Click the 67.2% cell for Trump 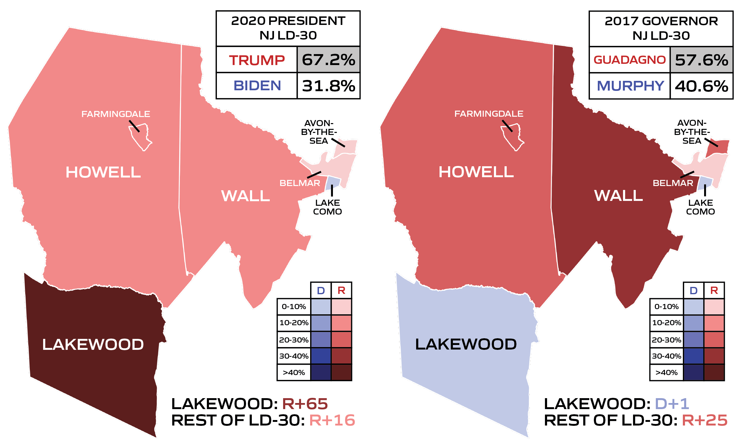328,60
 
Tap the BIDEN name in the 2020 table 257,85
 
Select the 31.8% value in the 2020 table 328,86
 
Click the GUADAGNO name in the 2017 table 629,60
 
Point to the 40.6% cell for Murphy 701,86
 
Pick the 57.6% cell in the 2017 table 701,60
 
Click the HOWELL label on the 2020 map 103,172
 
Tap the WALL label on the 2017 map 618,195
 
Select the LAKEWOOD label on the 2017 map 466,344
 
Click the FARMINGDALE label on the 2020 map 116,114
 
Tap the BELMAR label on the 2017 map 673,183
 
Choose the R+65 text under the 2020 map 305,404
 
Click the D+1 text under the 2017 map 672,404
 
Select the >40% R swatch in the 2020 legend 341,372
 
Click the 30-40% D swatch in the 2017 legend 693,356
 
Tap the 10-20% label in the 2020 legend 294,323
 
